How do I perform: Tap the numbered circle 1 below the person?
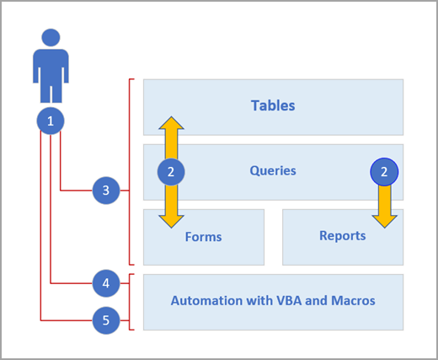[x=51, y=121]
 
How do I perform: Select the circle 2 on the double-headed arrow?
[x=171, y=171]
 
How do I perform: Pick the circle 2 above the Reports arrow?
[x=385, y=171]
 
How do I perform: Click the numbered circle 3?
[x=105, y=191]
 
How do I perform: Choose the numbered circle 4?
[x=105, y=284]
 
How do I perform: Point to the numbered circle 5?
[x=105, y=320]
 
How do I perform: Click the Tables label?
[x=273, y=106]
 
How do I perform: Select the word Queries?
[x=273, y=170]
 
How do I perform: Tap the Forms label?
[x=203, y=237]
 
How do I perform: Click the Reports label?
[x=343, y=236]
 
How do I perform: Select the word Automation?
[x=205, y=300]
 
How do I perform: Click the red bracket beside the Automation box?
[x=130, y=302]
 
